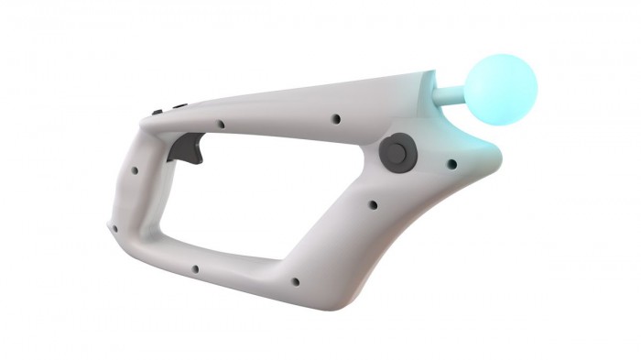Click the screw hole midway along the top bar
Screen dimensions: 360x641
pos(336,118)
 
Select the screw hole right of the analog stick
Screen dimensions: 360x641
pos(451,165)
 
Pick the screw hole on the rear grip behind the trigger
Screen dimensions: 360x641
pos(136,169)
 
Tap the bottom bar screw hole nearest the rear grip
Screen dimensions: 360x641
pos(195,269)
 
